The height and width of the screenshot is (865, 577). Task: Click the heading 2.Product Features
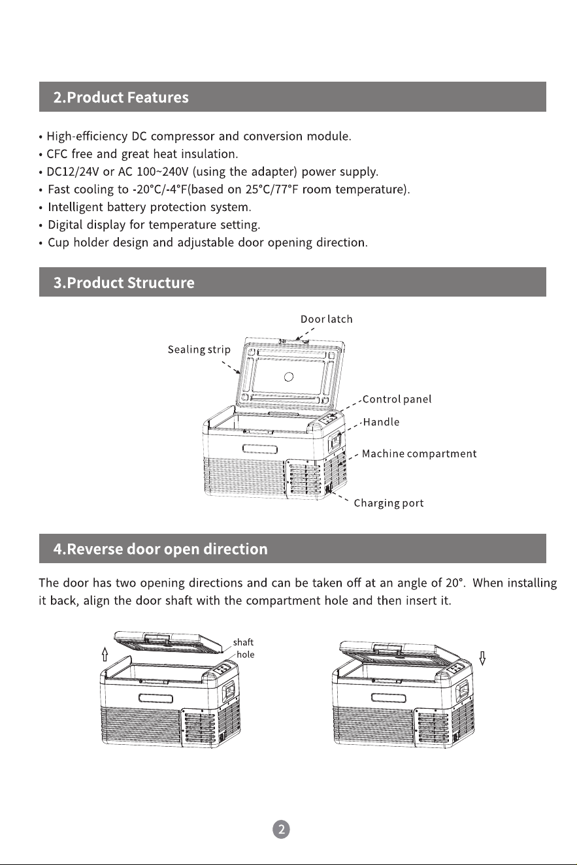click(121, 97)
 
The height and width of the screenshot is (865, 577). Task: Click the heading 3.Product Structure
click(124, 282)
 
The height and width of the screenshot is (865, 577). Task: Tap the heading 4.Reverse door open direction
click(160, 549)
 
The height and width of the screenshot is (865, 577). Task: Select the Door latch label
click(326, 319)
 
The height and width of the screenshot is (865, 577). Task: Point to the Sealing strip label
click(199, 350)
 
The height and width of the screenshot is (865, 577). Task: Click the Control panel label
click(397, 399)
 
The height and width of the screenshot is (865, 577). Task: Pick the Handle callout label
click(381, 421)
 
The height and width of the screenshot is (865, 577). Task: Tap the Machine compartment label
click(419, 453)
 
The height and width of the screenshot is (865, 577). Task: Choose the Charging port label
click(389, 503)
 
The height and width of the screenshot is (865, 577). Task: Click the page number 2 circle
click(281, 829)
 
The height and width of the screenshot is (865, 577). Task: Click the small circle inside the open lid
click(289, 377)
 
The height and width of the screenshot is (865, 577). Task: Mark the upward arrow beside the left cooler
click(105, 654)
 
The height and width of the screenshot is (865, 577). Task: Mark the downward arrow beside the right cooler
click(482, 659)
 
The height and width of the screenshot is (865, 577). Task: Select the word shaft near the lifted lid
click(243, 642)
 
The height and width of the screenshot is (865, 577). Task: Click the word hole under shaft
click(245, 655)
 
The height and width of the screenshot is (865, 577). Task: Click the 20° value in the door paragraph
click(454, 583)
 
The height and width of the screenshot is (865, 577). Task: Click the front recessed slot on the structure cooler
click(260, 449)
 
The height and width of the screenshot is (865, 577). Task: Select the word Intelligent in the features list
click(75, 207)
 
